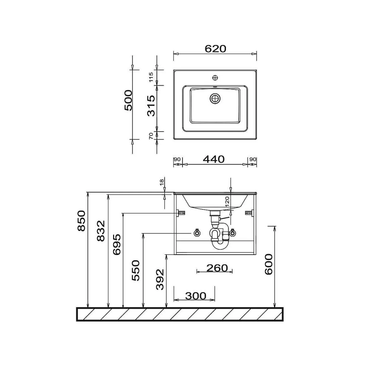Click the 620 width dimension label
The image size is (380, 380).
click(215, 49)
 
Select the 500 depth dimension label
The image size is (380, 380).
click(128, 100)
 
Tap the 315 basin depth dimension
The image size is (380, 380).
click(151, 106)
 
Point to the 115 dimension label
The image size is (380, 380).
click(151, 77)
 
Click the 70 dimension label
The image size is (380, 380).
click(151, 136)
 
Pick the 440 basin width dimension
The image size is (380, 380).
click(214, 159)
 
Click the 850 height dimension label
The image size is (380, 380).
click(81, 221)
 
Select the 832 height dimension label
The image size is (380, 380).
click(101, 231)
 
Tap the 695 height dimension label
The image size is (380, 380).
click(117, 245)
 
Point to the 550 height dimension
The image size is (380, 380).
click(136, 270)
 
